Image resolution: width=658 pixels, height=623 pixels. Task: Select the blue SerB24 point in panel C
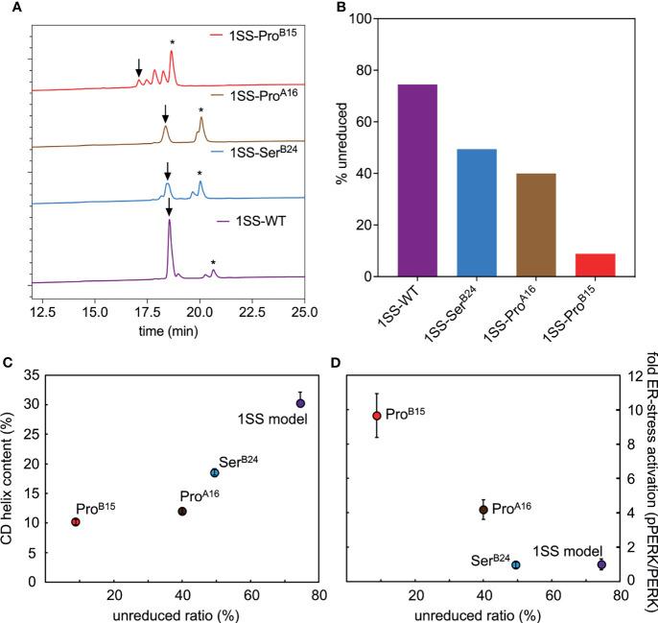(x=215, y=472)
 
